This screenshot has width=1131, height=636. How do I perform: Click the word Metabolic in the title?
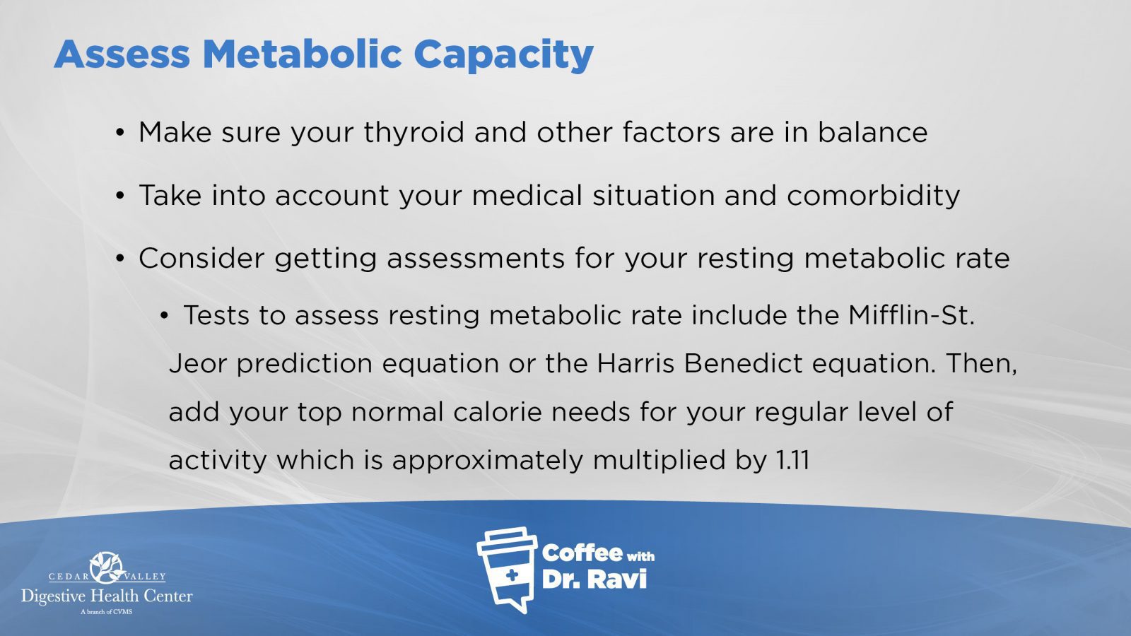(x=302, y=54)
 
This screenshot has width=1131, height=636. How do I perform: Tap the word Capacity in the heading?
(x=503, y=56)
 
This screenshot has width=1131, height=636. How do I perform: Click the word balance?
(x=872, y=132)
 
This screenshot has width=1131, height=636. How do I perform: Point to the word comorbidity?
(x=873, y=196)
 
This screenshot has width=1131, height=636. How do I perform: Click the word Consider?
(x=201, y=259)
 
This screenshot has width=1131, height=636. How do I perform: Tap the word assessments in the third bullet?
(x=476, y=259)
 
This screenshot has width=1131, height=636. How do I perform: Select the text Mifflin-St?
(x=911, y=315)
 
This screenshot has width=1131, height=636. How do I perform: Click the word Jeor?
(x=197, y=363)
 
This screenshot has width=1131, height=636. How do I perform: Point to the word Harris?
(x=635, y=363)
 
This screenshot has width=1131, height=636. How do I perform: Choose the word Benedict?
(x=743, y=363)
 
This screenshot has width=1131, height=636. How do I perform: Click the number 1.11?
(x=792, y=460)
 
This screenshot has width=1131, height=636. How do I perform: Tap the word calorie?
(x=498, y=411)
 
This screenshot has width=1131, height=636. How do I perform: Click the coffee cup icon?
(x=507, y=570)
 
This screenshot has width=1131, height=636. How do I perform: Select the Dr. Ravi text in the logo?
(x=594, y=579)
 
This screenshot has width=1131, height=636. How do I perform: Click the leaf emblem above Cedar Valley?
(x=107, y=567)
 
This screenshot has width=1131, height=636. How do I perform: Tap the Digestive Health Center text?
(x=107, y=596)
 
